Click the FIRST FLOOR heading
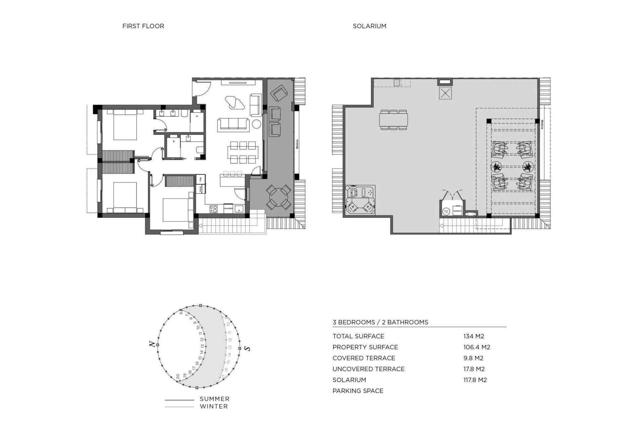click(x=143, y=26)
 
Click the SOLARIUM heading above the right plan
click(x=369, y=26)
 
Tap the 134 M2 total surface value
click(x=473, y=336)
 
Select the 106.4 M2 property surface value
click(x=476, y=347)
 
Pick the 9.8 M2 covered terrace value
click(x=473, y=358)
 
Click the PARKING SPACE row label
click(x=358, y=391)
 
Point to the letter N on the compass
click(x=152, y=345)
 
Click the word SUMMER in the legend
click(x=214, y=399)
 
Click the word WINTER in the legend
click(x=214, y=406)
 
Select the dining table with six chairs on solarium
click(x=393, y=120)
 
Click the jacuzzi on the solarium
click(x=360, y=200)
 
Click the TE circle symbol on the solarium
click(x=446, y=211)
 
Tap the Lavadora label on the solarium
click(x=457, y=211)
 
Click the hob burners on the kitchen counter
click(x=214, y=209)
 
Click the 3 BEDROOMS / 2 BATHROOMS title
click(x=380, y=322)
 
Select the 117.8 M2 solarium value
click(x=475, y=380)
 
